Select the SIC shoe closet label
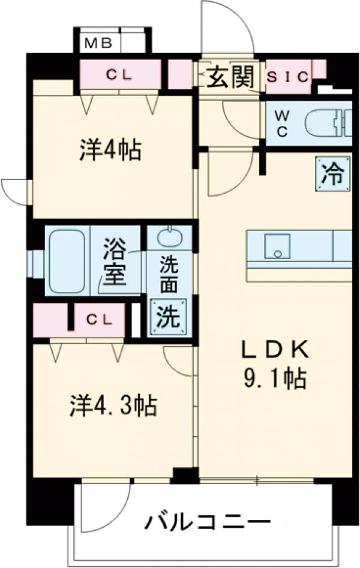pyautogui.click(x=287, y=77)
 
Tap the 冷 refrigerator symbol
pyautogui.click(x=331, y=175)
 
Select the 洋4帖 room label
pyautogui.click(x=111, y=149)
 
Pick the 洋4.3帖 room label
pyautogui.click(x=112, y=407)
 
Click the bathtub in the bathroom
pyautogui.click(x=68, y=261)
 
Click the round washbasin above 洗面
pyautogui.click(x=170, y=238)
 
